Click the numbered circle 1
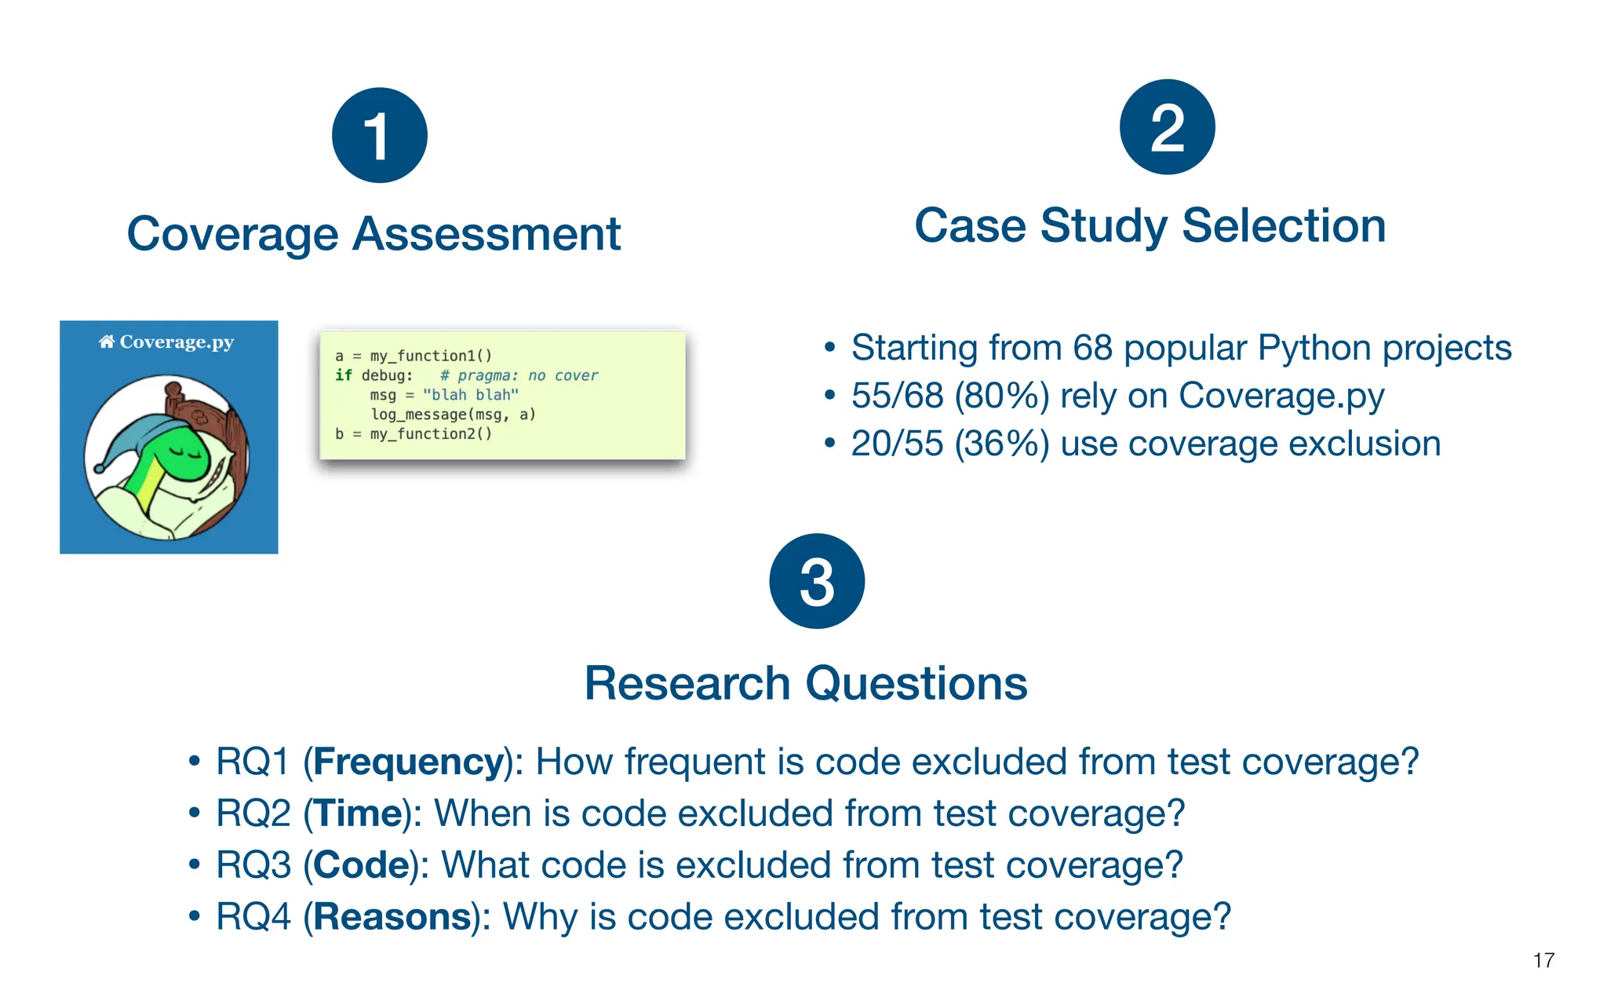379,135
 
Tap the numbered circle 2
1167,127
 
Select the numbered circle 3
817,581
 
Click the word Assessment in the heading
486,234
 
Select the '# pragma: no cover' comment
519,375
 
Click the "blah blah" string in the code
470,395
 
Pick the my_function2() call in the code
431,433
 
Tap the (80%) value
1001,396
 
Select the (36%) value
1001,444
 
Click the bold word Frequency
408,762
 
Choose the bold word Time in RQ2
358,813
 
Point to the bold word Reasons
393,917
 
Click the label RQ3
253,865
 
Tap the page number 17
1543,960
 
